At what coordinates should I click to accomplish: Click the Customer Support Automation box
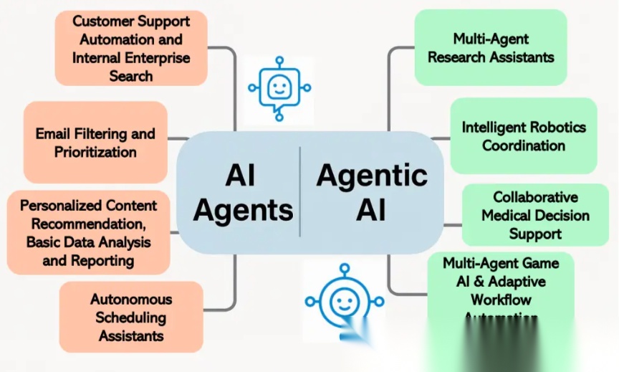(131, 48)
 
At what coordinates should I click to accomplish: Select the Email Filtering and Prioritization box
(95, 143)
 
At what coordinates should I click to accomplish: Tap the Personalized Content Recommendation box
(88, 232)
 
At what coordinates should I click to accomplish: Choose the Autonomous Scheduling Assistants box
(131, 317)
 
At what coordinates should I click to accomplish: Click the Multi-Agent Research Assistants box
(491, 47)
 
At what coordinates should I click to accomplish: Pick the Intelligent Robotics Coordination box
(523, 136)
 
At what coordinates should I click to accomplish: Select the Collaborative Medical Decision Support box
(535, 215)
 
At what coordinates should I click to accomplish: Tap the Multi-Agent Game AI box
(501, 287)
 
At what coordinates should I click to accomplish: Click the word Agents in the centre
(243, 210)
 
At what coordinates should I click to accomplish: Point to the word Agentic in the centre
(372, 176)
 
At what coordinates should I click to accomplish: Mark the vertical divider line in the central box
(300, 191)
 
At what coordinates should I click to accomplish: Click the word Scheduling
(131, 317)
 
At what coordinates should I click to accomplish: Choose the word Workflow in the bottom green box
(501, 299)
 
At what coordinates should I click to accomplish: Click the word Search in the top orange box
(131, 75)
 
